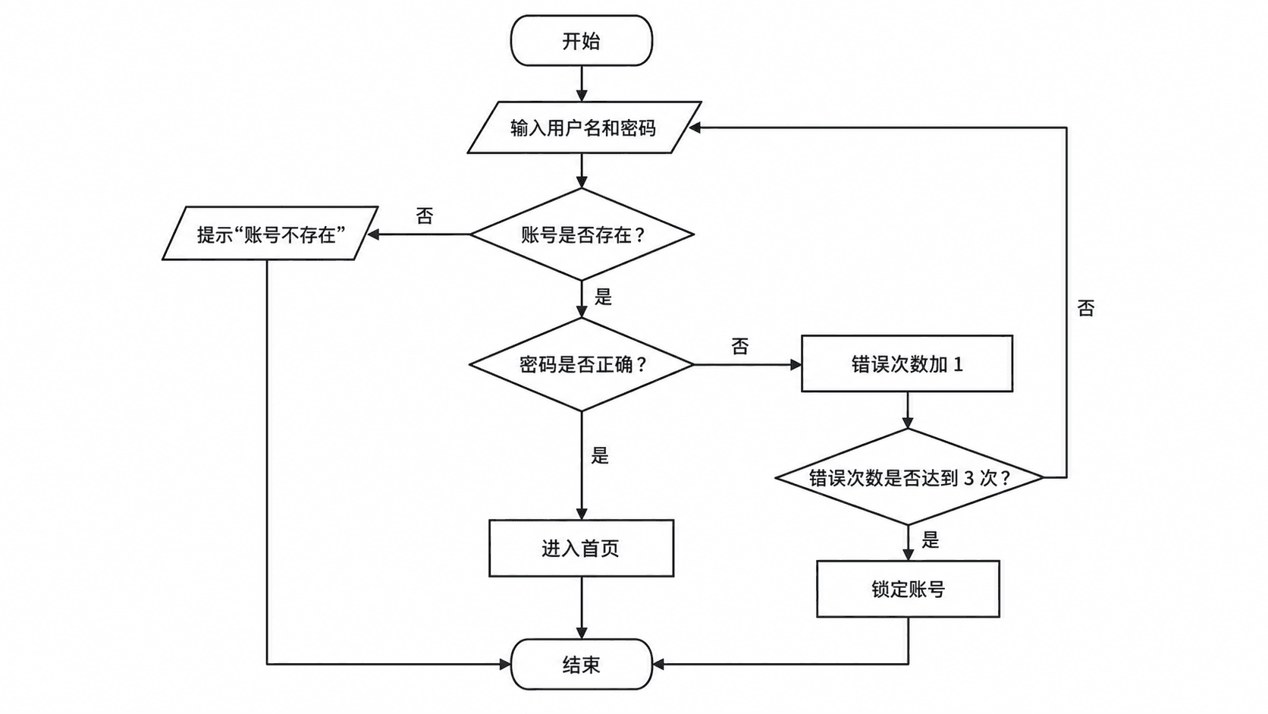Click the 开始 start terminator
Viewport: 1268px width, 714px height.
coord(582,41)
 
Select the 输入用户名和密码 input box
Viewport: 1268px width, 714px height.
coord(584,127)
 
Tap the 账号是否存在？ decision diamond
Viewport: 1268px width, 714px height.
coord(582,234)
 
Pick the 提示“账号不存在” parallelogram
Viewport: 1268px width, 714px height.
coord(270,233)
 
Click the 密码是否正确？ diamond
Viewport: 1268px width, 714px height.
coord(582,364)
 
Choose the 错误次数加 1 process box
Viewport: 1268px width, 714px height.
coord(907,363)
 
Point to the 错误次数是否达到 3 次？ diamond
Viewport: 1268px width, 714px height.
coord(909,477)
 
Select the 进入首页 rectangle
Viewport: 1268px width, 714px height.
coord(582,548)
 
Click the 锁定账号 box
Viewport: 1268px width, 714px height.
coord(908,589)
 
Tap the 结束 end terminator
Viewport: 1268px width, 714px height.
coord(582,664)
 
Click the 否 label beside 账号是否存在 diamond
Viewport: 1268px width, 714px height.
coord(425,215)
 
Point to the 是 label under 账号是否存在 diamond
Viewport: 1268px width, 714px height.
coord(603,296)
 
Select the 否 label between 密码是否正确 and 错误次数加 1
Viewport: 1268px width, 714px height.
coord(740,346)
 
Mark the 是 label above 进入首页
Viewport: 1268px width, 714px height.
coord(599,455)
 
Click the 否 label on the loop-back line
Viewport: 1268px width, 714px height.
coord(1086,308)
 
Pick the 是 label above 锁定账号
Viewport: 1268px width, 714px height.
coord(930,539)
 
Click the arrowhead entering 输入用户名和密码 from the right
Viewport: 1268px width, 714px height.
coord(695,127)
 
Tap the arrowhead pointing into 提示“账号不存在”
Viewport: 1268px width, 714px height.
coord(373,234)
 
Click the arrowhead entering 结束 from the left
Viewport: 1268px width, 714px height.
coord(505,664)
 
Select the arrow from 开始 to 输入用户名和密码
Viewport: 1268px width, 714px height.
coord(582,83)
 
